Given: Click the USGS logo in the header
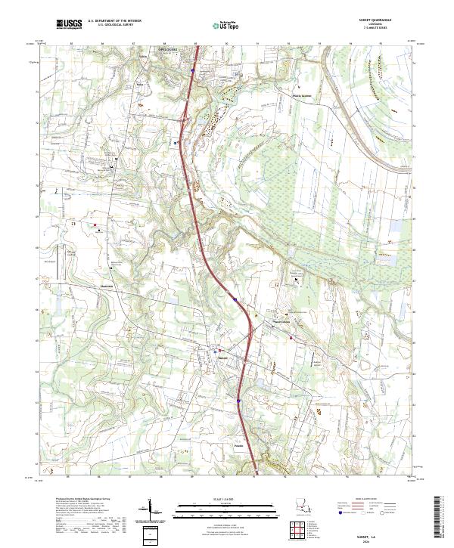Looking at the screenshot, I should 69,24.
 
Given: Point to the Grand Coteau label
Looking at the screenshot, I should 283,324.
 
